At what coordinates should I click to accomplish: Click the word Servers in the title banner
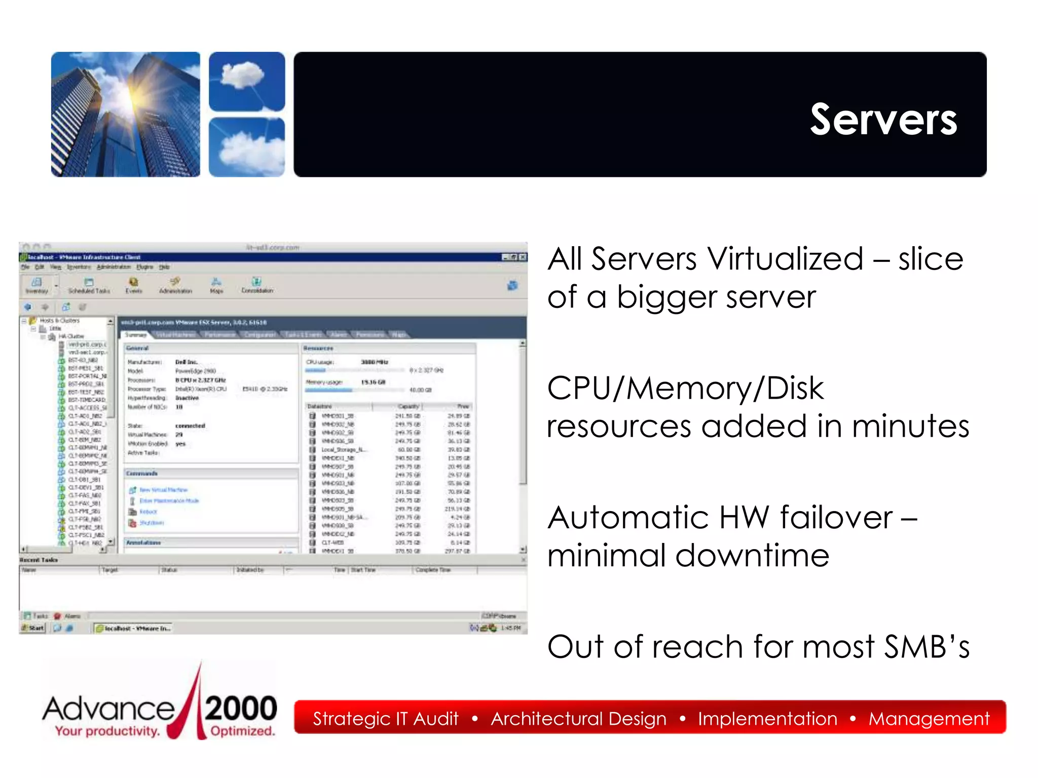pyautogui.click(x=883, y=120)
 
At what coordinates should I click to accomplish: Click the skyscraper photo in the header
pyautogui.click(x=125, y=114)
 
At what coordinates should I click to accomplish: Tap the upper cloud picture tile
pyautogui.click(x=247, y=81)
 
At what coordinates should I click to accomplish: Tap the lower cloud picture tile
pyautogui.click(x=247, y=147)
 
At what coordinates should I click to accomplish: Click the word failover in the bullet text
pyautogui.click(x=836, y=518)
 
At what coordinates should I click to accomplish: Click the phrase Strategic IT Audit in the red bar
pyautogui.click(x=385, y=719)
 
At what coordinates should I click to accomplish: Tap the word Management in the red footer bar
pyautogui.click(x=929, y=719)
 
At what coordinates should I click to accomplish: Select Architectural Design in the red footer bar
pyautogui.click(x=578, y=719)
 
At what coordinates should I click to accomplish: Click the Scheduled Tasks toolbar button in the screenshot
pyautogui.click(x=89, y=286)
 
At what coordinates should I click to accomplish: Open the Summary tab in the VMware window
pyautogui.click(x=135, y=335)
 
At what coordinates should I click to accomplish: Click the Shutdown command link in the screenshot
pyautogui.click(x=151, y=523)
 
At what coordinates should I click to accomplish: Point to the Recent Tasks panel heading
pyautogui.click(x=39, y=560)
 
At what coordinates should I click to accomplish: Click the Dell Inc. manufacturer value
pyautogui.click(x=186, y=362)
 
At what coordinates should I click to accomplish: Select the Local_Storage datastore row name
pyautogui.click(x=342, y=450)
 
